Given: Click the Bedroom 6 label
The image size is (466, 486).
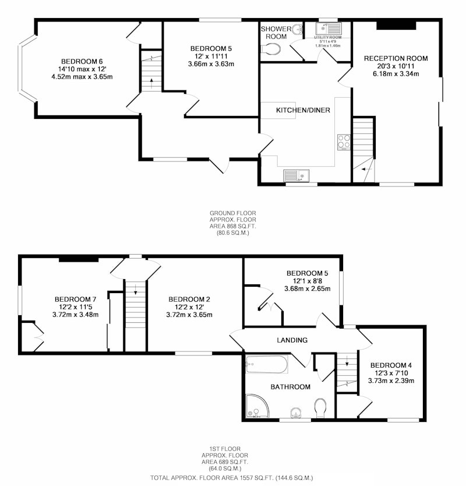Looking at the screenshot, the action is [x=82, y=61].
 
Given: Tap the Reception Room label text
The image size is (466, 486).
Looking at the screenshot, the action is [x=396, y=58].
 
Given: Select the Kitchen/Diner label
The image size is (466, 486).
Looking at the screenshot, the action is [x=303, y=110].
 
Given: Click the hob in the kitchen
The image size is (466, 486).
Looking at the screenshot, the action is [x=344, y=142].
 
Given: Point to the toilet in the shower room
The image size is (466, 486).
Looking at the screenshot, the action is [x=271, y=50].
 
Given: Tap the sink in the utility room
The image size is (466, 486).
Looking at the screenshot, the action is [x=329, y=29].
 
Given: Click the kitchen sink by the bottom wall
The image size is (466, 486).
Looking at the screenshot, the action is [x=296, y=175].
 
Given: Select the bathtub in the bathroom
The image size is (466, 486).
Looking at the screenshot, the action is [x=267, y=364].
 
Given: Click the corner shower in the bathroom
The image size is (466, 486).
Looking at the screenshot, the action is [x=257, y=406].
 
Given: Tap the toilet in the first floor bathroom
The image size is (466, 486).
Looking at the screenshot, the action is [x=320, y=408].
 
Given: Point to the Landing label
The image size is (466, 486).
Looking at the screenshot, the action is [x=292, y=340].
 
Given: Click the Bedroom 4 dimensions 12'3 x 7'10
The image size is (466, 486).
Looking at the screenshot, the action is [x=391, y=373].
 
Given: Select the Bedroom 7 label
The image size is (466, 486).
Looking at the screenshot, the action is [x=75, y=299].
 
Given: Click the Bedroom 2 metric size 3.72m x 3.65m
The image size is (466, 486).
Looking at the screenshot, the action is [x=189, y=315].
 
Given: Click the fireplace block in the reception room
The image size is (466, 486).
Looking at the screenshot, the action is [x=396, y=26].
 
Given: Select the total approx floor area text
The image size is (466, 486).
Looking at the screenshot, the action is [x=231, y=478].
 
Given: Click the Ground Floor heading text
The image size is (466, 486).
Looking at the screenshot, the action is [x=232, y=213].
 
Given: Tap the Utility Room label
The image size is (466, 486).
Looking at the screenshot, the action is [x=328, y=37].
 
